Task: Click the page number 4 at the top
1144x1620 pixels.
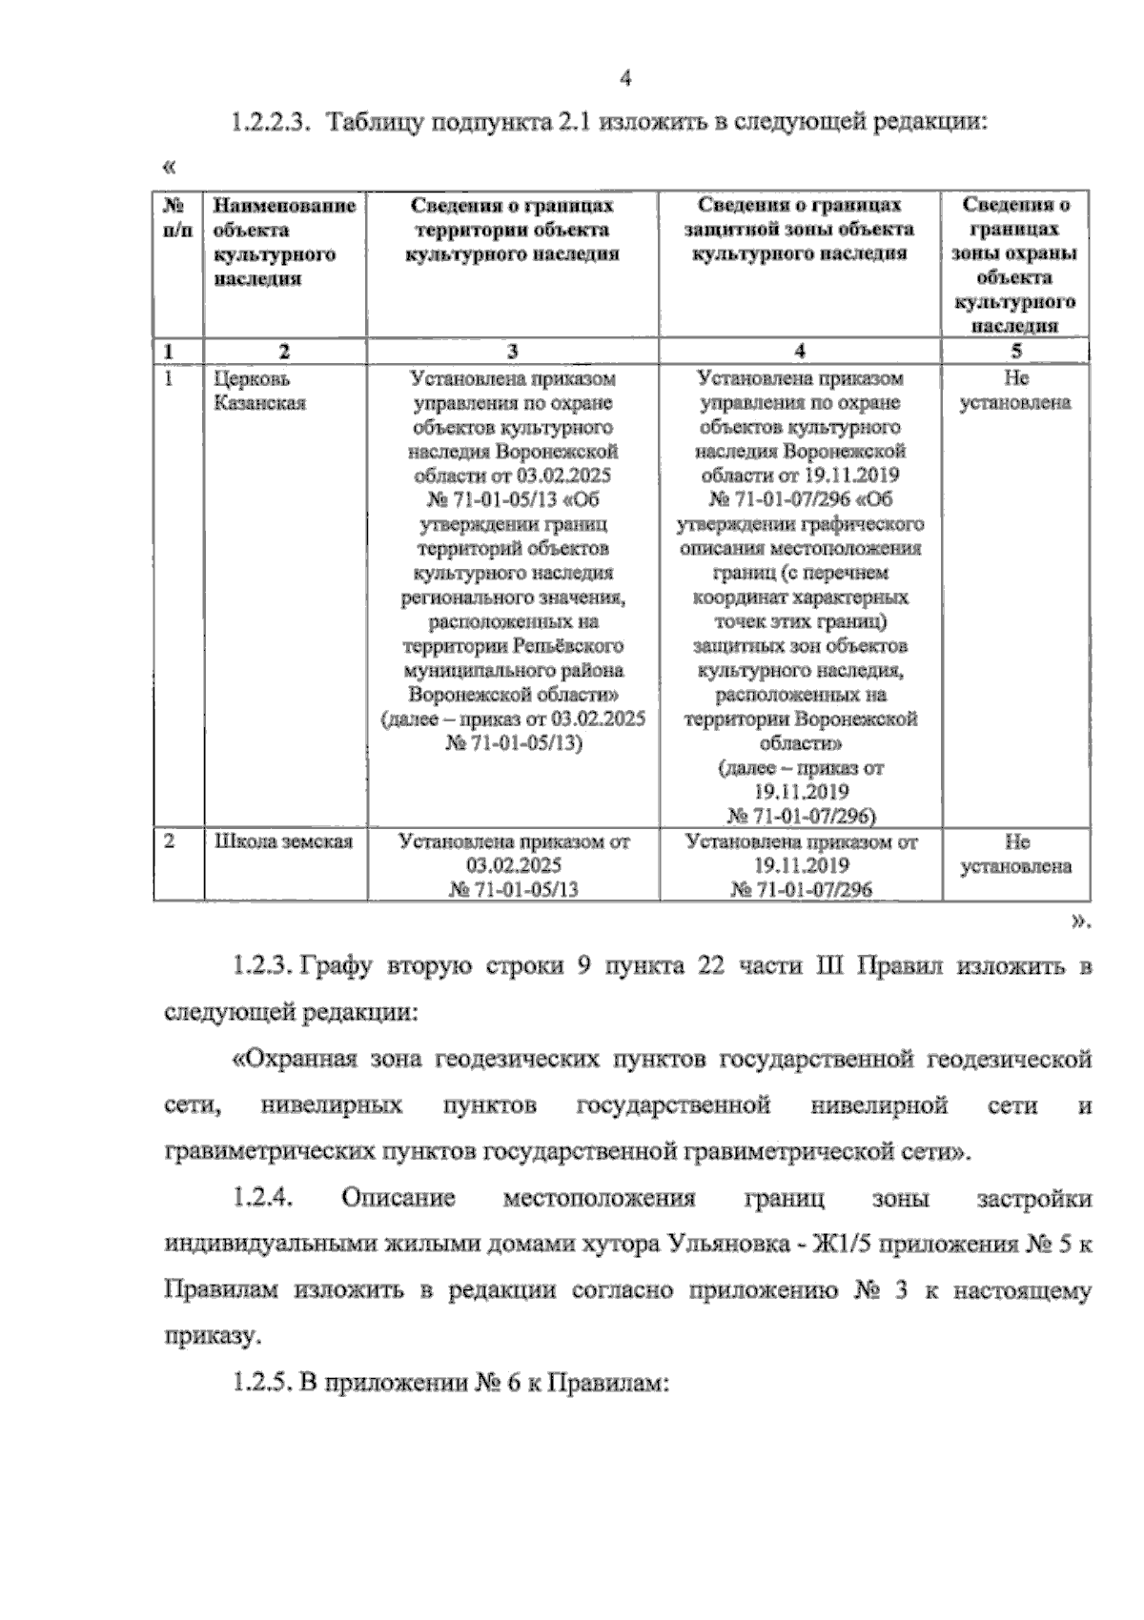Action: pos(625,79)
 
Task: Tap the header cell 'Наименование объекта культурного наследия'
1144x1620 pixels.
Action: pos(284,242)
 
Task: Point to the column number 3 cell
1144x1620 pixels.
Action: pos(513,351)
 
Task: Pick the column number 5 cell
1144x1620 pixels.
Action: pos(1015,351)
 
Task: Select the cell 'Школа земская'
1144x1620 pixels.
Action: pos(283,841)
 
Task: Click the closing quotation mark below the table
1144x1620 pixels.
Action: pos(1080,920)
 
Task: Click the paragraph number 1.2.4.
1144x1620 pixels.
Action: pos(263,1199)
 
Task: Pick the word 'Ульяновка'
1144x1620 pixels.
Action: pos(725,1245)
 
